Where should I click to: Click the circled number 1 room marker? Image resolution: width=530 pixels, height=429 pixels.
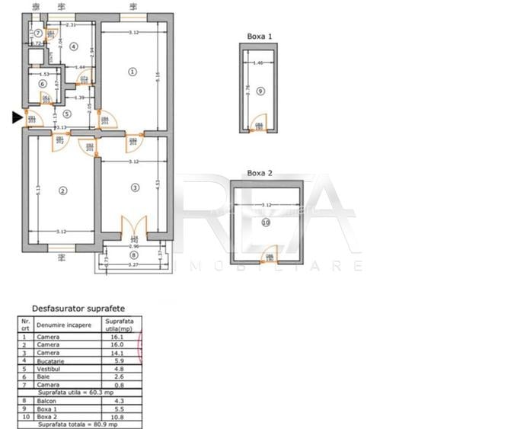coord(132,72)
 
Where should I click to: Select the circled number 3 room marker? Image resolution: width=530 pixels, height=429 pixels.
coord(135,187)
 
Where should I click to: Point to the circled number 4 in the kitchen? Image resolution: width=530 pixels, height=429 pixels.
coord(73,46)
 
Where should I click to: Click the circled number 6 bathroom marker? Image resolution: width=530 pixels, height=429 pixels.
coord(43,84)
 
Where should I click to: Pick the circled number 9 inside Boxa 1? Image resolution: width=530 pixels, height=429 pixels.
coord(260,91)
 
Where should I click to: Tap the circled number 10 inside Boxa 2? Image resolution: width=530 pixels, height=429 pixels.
coord(266,223)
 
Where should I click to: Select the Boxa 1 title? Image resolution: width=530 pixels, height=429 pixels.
coord(259,36)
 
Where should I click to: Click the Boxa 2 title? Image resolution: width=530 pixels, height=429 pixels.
coord(260,173)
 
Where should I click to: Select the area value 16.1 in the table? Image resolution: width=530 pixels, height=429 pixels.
coord(118,336)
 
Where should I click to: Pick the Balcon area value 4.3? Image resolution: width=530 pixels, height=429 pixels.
coord(118,401)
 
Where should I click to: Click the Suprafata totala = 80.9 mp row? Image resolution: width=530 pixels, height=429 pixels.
coord(81,425)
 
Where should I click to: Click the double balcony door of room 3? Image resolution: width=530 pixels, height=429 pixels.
coord(134,228)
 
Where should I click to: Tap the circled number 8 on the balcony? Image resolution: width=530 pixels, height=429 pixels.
coord(134,255)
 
